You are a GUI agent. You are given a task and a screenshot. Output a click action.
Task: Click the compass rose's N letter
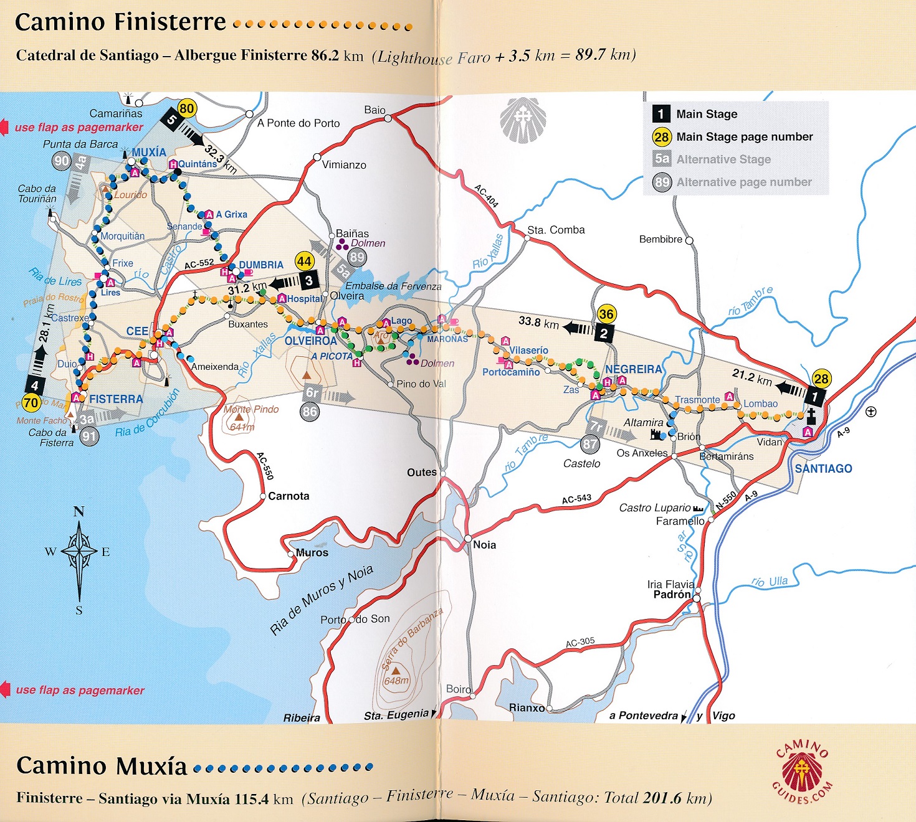click(x=79, y=512)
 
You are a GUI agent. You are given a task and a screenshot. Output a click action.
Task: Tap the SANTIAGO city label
click(x=823, y=468)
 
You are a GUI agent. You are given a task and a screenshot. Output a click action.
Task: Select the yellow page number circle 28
click(x=821, y=379)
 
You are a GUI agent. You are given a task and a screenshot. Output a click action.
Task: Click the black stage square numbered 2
click(x=603, y=333)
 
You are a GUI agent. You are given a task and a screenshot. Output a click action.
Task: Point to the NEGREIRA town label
click(x=633, y=369)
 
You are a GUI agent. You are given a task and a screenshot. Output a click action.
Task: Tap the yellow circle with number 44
click(x=304, y=262)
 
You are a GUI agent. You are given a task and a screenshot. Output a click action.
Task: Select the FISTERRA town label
click(x=116, y=399)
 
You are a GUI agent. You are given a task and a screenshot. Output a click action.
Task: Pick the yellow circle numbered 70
click(x=31, y=403)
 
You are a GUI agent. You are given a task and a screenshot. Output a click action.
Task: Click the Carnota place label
click(x=289, y=496)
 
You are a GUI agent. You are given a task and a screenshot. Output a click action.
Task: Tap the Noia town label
click(x=484, y=545)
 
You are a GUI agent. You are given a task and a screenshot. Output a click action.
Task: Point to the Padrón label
click(x=672, y=595)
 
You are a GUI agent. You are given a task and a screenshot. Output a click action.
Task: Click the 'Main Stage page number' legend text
click(x=744, y=137)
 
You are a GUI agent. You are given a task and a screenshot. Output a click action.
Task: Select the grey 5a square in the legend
click(x=662, y=159)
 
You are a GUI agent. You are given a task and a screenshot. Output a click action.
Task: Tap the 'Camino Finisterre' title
click(x=120, y=22)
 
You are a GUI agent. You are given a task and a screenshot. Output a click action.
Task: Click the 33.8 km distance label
click(x=538, y=322)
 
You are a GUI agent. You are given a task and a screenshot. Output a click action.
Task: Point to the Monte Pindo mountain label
click(x=251, y=409)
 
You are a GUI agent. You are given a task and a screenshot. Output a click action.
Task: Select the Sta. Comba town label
click(x=556, y=230)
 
